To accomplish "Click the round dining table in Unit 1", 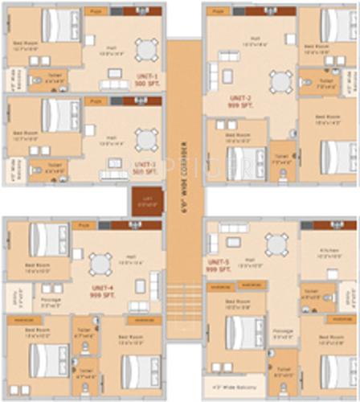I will pos(146,50).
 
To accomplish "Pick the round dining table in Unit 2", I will pos(280,82).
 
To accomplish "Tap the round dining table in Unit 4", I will pos(100,263).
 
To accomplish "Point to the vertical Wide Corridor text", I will pos(183,161).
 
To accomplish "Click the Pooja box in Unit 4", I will pos(82,226).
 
